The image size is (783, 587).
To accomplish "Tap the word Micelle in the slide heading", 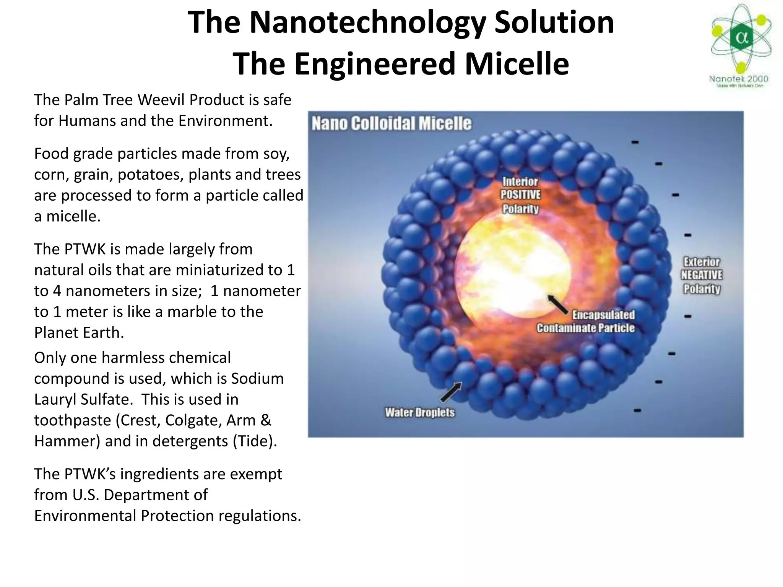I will [517, 64].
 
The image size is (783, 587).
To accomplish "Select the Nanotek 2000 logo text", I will [739, 79].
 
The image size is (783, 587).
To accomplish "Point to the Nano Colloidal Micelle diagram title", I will [391, 123].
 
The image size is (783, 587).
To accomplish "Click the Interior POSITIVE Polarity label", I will [520, 195].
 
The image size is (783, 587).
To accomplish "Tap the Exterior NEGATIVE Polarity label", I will [702, 275].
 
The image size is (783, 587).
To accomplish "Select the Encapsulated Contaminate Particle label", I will [586, 321].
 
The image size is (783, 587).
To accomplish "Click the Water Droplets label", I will [420, 412].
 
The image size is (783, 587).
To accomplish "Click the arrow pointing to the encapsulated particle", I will [558, 304].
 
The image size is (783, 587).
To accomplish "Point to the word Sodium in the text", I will [257, 379].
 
